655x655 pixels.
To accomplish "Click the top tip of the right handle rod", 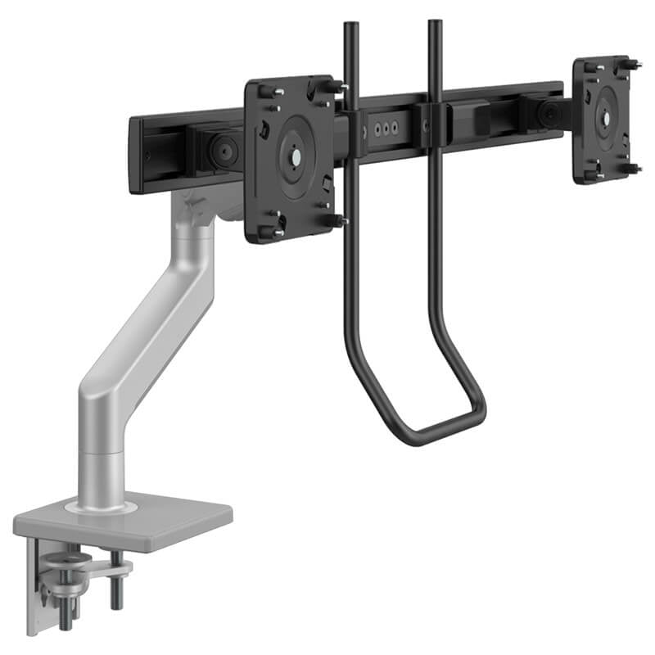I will [x=434, y=23].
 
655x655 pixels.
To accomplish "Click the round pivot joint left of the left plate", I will [x=219, y=150].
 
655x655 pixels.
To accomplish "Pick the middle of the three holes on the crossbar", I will [x=381, y=129].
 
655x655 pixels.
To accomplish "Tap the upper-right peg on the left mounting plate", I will [x=332, y=85].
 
